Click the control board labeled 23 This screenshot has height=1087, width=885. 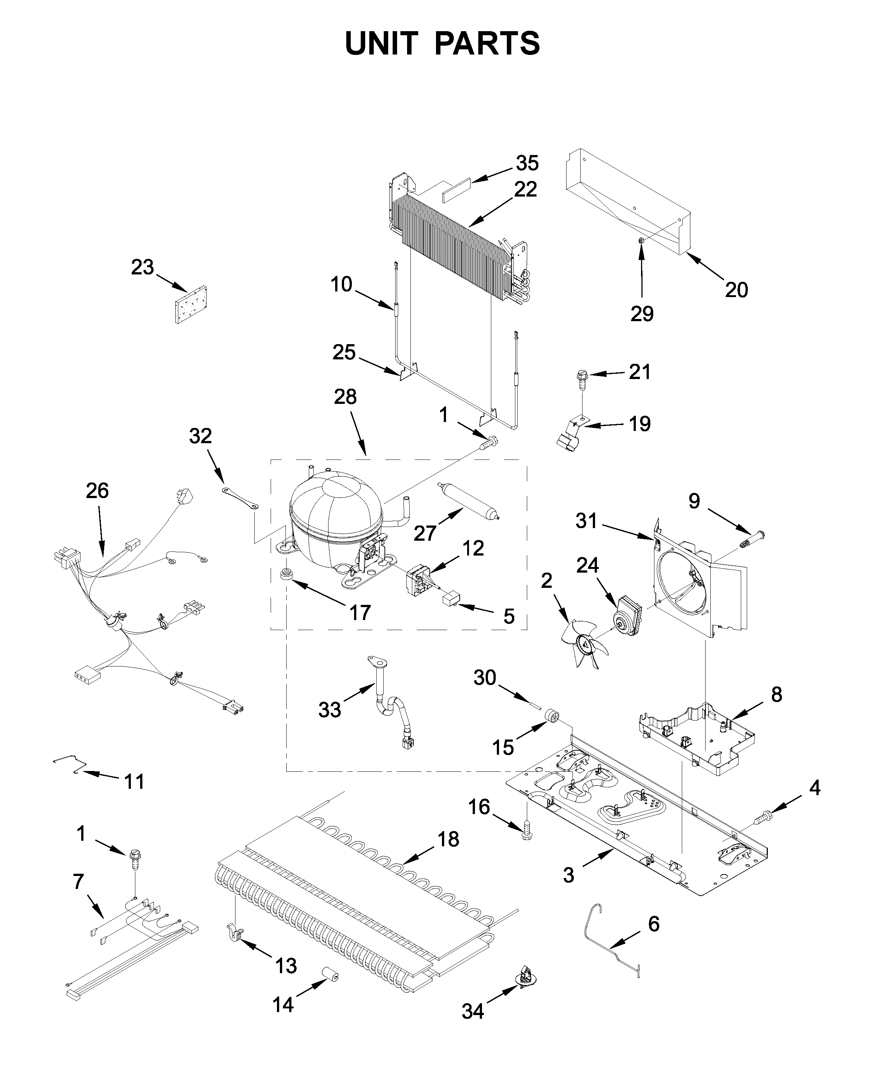coord(191,305)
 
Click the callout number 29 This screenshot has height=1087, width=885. coord(641,313)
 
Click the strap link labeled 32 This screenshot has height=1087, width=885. coord(240,498)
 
